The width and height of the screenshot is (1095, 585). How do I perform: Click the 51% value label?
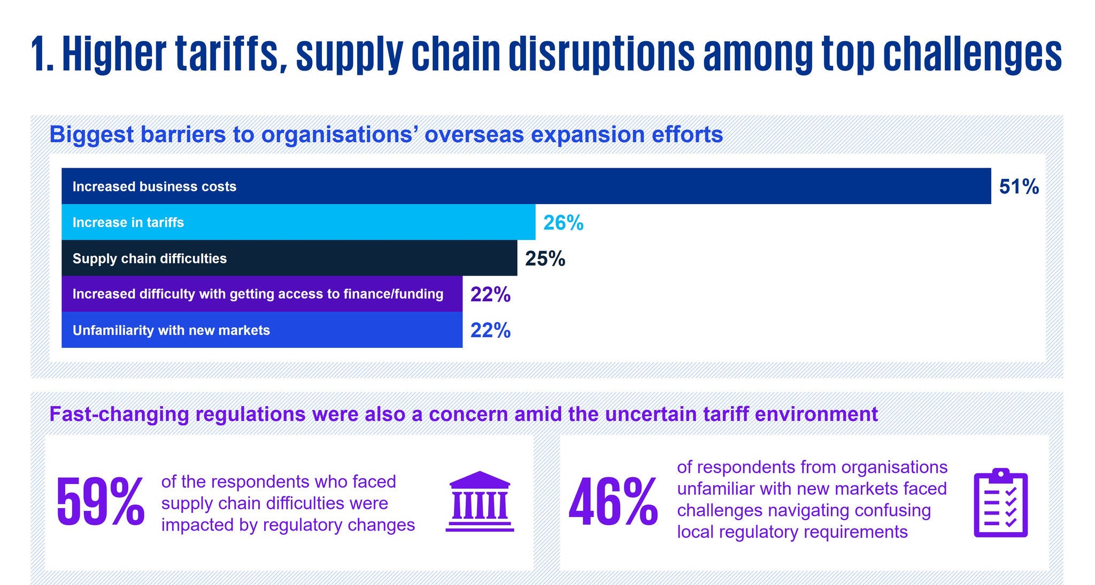1019,186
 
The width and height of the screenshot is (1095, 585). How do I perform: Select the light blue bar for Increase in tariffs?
298,222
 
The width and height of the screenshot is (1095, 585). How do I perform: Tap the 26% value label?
563,223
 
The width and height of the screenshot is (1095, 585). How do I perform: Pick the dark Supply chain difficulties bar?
289,259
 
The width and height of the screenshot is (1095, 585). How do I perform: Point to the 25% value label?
545,259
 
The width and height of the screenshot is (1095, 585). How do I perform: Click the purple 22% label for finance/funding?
490,294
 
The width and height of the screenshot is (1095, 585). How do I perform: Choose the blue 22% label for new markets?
490,330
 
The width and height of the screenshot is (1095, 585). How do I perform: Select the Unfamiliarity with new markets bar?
262,330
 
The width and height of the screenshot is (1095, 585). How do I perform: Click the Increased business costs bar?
526,186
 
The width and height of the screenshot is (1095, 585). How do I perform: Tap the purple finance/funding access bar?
262,294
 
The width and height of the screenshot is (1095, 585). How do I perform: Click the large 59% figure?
101,503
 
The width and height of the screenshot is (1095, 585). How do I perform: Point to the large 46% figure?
613,503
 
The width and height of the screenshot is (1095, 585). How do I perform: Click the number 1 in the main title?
38,54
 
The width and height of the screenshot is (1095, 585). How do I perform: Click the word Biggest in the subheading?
91,135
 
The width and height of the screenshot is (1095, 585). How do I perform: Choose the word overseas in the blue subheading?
474,135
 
